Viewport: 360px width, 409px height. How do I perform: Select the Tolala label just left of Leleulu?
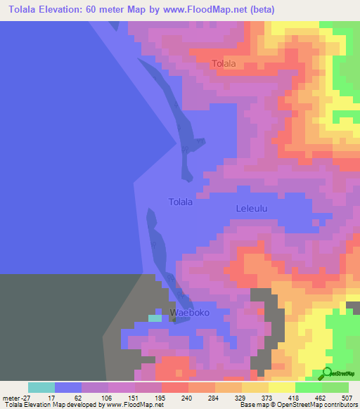pyautogui.click(x=181, y=202)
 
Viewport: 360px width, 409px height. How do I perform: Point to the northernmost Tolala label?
pyautogui.click(x=224, y=64)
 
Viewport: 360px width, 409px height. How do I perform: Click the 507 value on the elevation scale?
pyautogui.click(x=347, y=398)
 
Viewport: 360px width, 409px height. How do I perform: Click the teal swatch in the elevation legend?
pyautogui.click(x=41, y=387)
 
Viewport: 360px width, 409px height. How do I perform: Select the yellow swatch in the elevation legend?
pyautogui.click(x=281, y=387)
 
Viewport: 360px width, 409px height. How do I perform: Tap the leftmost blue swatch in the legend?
pyautogui.click(x=68, y=387)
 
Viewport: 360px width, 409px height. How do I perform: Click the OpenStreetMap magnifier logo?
pyautogui.click(x=328, y=372)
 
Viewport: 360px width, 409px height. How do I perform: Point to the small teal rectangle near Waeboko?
pyautogui.click(x=155, y=318)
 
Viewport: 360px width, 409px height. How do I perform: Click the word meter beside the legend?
pyautogui.click(x=11, y=398)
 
